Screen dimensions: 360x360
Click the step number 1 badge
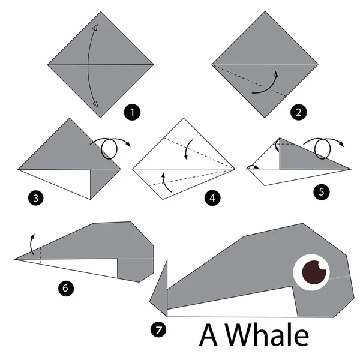(x=128, y=111)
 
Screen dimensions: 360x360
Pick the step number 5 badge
(x=321, y=192)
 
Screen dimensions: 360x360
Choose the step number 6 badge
(x=65, y=288)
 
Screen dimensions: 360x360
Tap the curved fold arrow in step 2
(x=266, y=85)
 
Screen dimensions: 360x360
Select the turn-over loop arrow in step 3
(x=110, y=144)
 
